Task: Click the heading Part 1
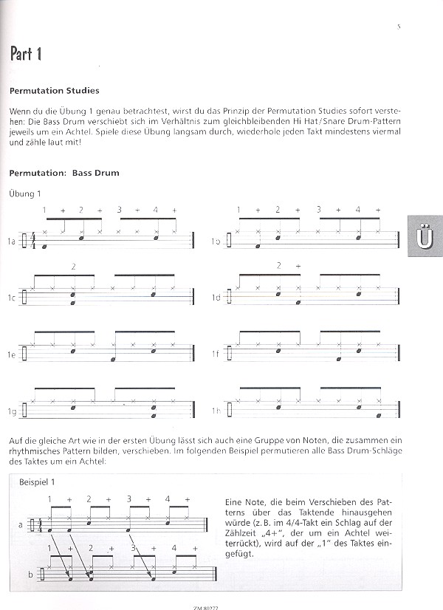pyautogui.click(x=26, y=54)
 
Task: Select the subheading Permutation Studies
pyautogui.click(x=55, y=92)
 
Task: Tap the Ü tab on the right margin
pyautogui.click(x=424, y=239)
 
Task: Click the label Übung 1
pyautogui.click(x=25, y=193)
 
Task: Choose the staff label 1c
pyautogui.click(x=12, y=298)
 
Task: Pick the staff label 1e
pyautogui.click(x=12, y=355)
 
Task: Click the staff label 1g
pyautogui.click(x=12, y=411)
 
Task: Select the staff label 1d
pyautogui.click(x=216, y=298)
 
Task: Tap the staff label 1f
pyautogui.click(x=216, y=355)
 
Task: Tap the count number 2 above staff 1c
pyautogui.click(x=73, y=265)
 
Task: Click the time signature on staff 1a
pyautogui.click(x=32, y=240)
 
